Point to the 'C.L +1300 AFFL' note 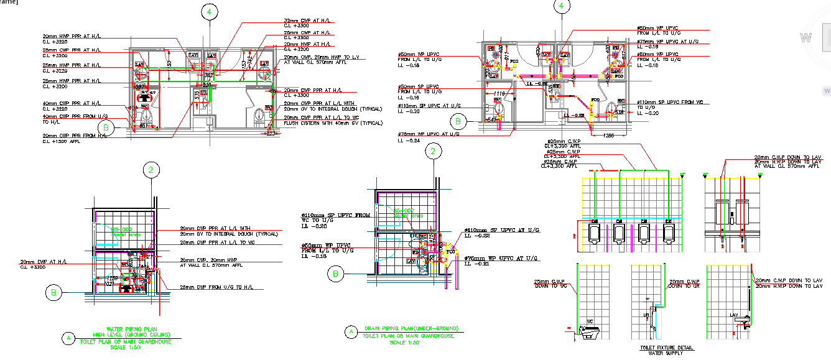coord(63,141)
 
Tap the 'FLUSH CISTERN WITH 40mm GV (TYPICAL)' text coord(323,123)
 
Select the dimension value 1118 coord(499,93)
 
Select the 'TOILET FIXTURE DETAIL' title coord(666,348)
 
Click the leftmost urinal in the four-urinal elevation coord(594,233)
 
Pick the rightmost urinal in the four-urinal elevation coord(669,233)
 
